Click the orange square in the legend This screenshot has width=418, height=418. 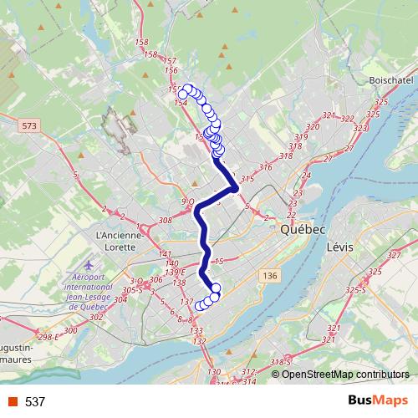(x=12, y=402)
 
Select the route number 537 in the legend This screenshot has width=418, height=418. (x=35, y=402)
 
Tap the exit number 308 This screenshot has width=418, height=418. (x=164, y=221)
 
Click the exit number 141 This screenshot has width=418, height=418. (x=164, y=254)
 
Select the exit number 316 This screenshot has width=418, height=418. (x=267, y=168)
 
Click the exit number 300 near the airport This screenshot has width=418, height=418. (x=70, y=331)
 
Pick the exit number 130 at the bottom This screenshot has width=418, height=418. (x=215, y=372)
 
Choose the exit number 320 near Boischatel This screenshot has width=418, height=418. (x=313, y=126)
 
